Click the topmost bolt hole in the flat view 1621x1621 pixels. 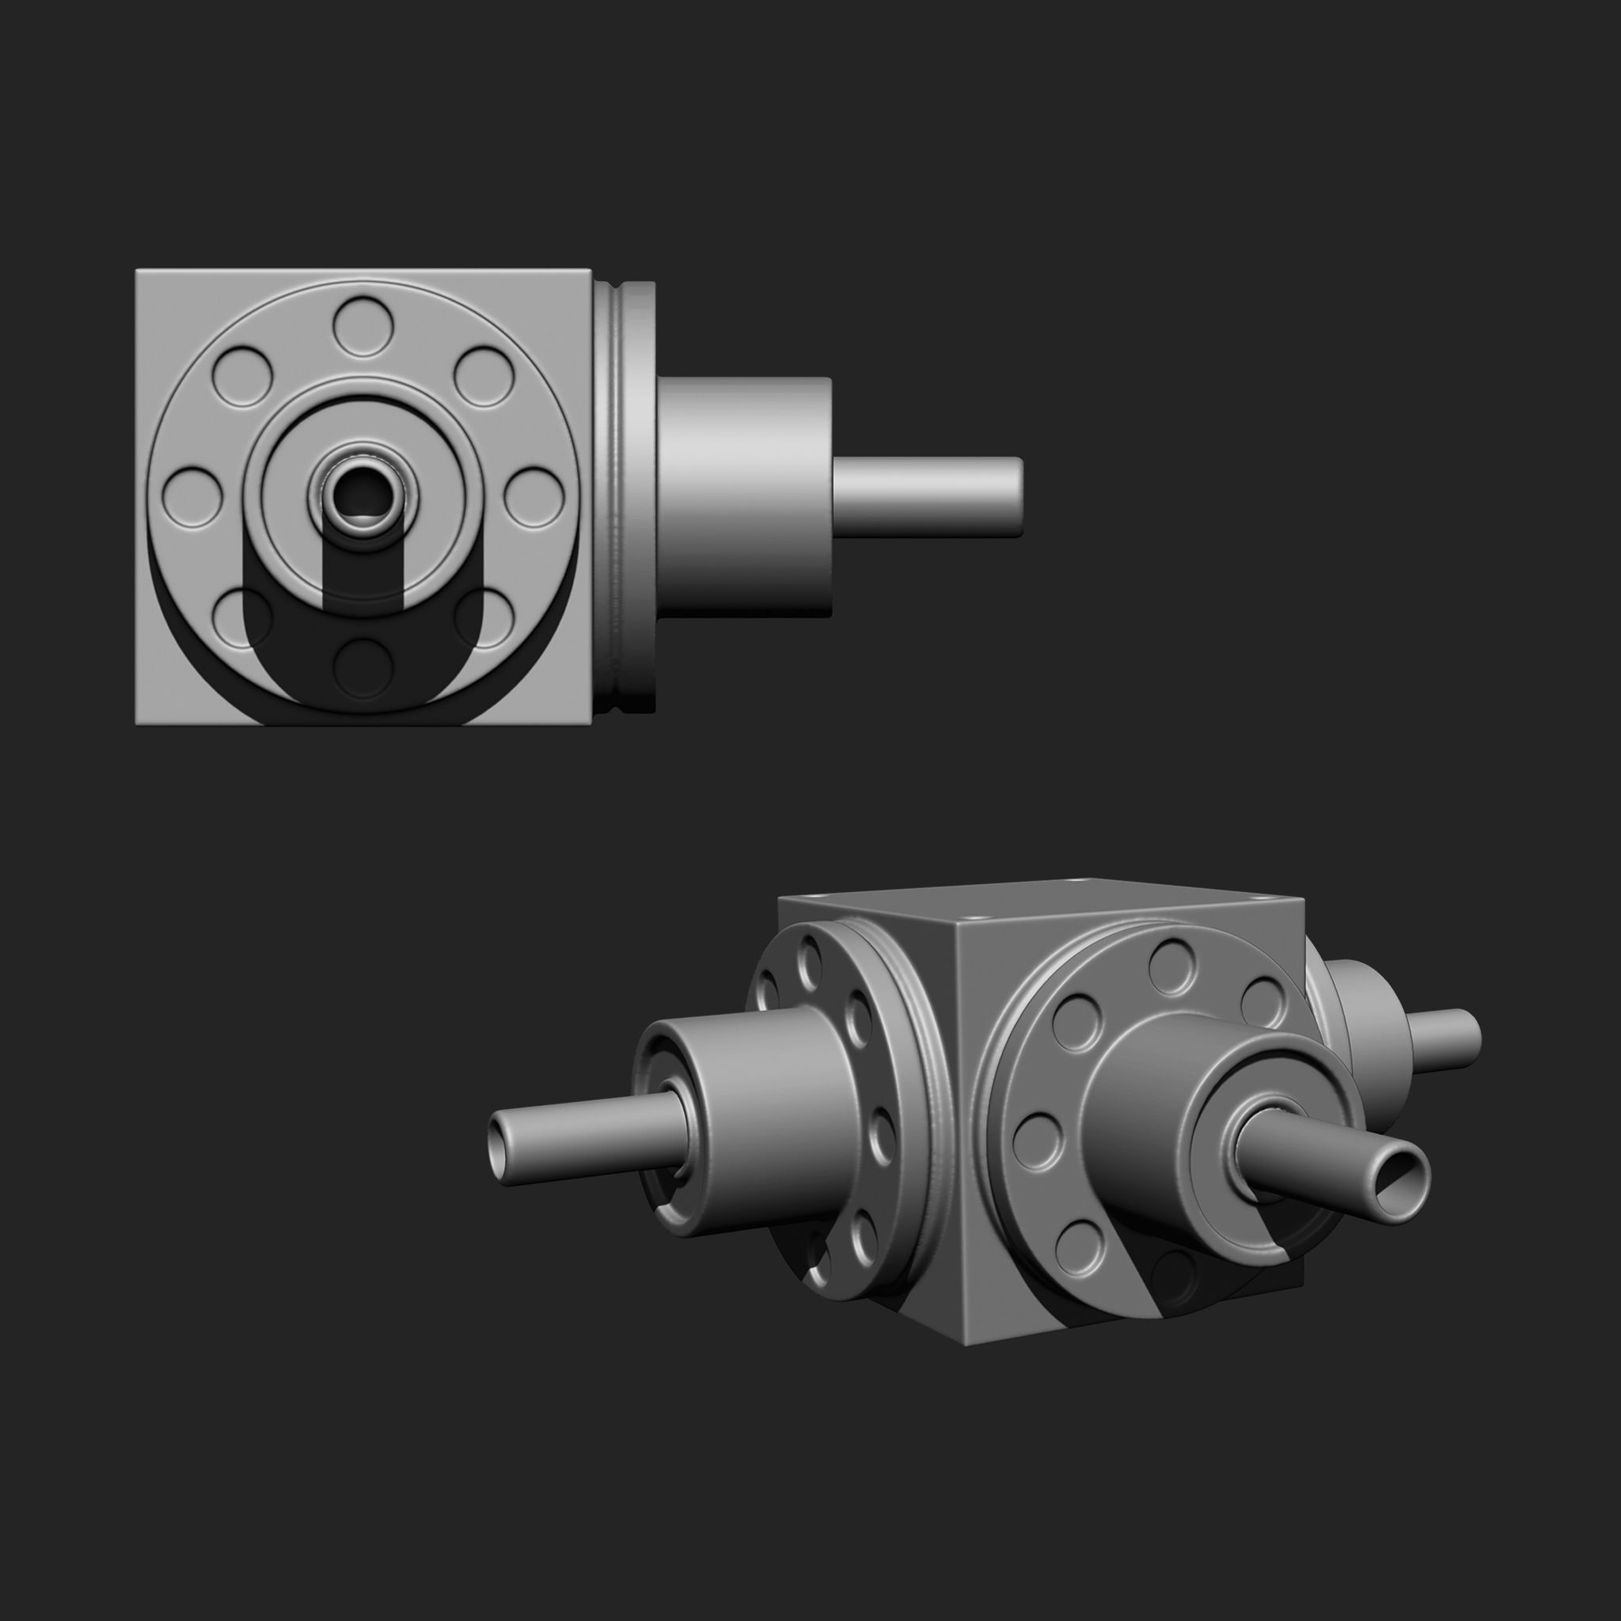pyautogui.click(x=363, y=325)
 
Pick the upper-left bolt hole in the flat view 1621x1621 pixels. pyautogui.click(x=242, y=377)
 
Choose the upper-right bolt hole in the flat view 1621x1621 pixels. pyautogui.click(x=484, y=377)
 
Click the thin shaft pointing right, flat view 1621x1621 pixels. pyautogui.click(x=927, y=497)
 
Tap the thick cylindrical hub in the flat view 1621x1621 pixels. pyautogui.click(x=743, y=497)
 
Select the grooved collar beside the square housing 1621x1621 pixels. pyautogui.click(x=625, y=497)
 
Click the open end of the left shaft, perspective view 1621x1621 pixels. pyautogui.click(x=502, y=1148)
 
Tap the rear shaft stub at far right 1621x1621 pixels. pyautogui.click(x=1443, y=1038)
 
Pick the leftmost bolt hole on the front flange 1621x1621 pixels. pyautogui.click(x=1037, y=1141)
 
